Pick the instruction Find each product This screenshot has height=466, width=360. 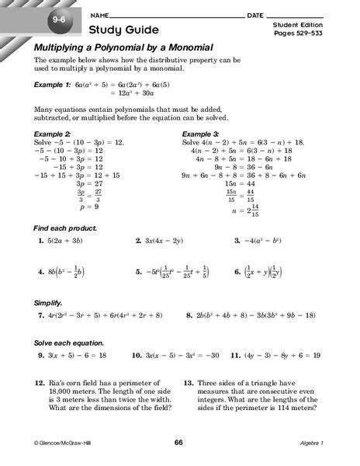tap(64, 229)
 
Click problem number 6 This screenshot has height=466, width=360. tap(237, 272)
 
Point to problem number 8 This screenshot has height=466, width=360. tap(190, 316)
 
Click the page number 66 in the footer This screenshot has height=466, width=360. tap(178, 443)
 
